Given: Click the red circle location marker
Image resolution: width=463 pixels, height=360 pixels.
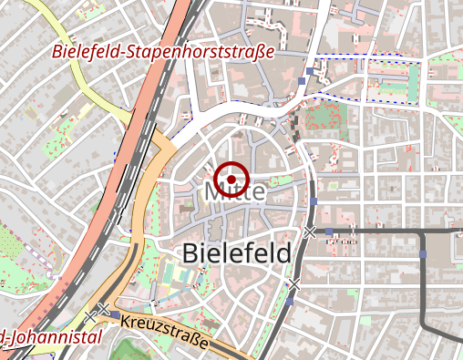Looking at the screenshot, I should point(233,178).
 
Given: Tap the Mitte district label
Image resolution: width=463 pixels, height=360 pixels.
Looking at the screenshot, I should point(235,193).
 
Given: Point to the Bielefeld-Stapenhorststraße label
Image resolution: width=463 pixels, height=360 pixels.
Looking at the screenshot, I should point(163,52).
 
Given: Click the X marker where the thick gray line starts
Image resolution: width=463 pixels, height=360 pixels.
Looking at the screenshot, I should point(311,231).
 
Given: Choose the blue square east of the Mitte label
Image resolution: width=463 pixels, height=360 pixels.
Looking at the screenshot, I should point(313,201).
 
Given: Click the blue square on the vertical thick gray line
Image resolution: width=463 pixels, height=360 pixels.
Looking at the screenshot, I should point(423,252).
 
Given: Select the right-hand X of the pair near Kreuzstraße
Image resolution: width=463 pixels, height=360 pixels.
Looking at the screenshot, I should point(104,310).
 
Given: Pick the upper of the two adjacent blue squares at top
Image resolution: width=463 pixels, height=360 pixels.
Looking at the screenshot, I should point(310,69).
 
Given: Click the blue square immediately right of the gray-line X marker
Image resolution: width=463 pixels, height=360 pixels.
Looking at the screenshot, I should point(329,231).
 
